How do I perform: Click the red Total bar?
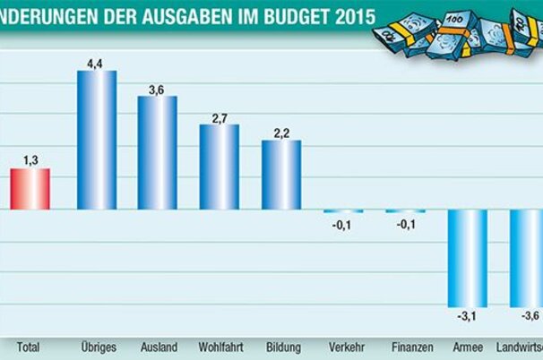[x=30, y=189]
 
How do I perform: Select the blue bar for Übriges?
[x=97, y=140]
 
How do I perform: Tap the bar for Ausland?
[x=157, y=152]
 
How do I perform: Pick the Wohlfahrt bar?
[x=219, y=167]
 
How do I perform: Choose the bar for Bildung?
[x=281, y=175]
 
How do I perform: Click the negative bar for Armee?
[x=468, y=258]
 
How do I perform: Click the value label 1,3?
[x=30, y=160]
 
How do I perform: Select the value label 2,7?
[x=219, y=116]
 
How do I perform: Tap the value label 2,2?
[x=281, y=133]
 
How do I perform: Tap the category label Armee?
[x=468, y=347]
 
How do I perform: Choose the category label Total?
[x=30, y=347]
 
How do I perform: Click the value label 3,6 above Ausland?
[x=157, y=88]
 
